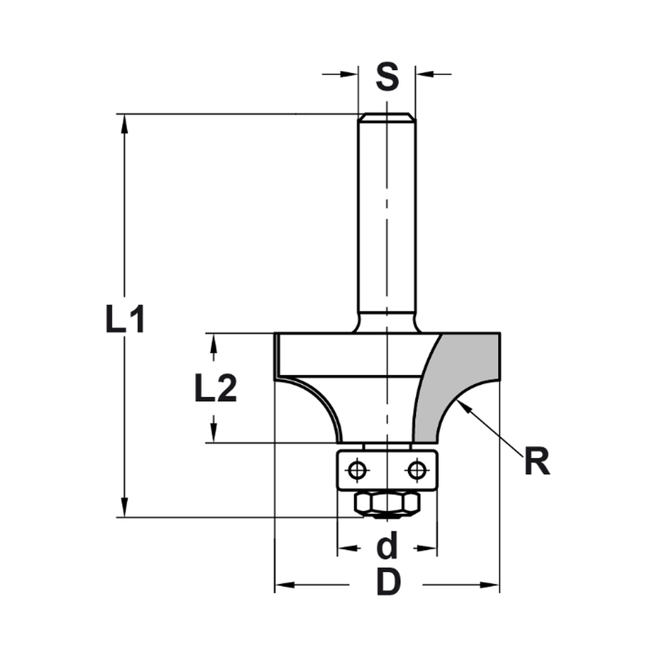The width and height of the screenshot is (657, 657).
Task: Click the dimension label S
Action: tap(388, 77)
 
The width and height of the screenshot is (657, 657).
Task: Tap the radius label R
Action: tap(537, 463)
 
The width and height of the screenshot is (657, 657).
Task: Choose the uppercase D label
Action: tap(389, 582)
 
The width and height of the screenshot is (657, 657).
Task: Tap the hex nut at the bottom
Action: tap(387, 504)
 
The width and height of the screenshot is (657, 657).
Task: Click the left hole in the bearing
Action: tap(357, 470)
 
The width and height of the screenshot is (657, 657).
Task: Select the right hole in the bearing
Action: tap(415, 470)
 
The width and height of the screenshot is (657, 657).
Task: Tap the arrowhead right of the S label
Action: tap(424, 74)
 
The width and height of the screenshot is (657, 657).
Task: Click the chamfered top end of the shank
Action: tap(386, 117)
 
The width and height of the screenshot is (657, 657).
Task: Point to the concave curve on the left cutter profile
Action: tap(315, 397)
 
